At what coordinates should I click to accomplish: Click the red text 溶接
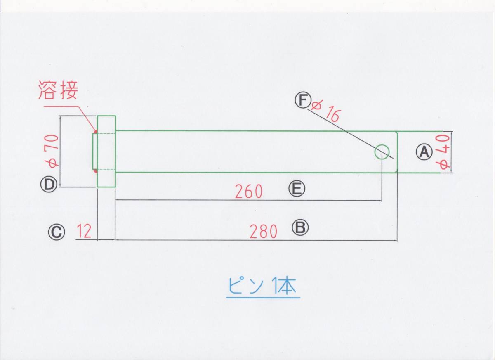point(58,90)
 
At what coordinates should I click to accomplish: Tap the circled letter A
point(423,152)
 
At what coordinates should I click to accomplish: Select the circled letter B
point(300,227)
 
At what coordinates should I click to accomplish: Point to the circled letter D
point(48,185)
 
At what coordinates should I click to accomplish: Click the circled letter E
point(297,189)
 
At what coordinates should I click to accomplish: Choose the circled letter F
point(302,100)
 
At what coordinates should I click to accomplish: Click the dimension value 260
point(249,192)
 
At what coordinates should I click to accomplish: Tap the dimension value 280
point(264,232)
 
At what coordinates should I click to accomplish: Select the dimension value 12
point(84,232)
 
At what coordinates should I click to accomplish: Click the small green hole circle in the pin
point(382,152)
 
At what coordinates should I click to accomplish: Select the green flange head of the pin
point(106,151)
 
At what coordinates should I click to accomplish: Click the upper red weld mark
point(96,133)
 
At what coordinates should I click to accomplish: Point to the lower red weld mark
point(96,170)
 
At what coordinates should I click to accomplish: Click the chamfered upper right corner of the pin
point(396,133)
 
